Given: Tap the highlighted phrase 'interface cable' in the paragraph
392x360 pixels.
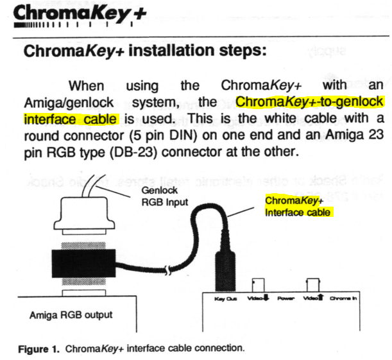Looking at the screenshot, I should point(71,119).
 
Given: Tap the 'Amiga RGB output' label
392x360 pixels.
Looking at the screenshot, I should point(71,315).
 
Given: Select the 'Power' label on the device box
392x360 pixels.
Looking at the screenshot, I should point(285,300).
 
